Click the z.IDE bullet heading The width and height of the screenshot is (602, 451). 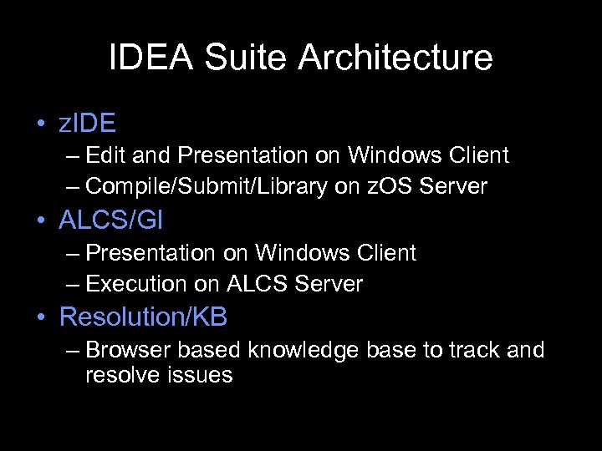click(x=87, y=124)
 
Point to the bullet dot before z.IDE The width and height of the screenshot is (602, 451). click(x=41, y=124)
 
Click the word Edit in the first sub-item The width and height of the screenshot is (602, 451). click(x=104, y=155)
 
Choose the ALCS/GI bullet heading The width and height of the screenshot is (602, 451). click(x=111, y=220)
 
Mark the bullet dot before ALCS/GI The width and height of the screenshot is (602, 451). click(x=41, y=221)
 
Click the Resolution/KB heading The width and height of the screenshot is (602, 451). click(x=144, y=317)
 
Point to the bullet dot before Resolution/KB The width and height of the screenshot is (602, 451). click(x=41, y=318)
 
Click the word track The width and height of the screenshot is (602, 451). click(x=475, y=349)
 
